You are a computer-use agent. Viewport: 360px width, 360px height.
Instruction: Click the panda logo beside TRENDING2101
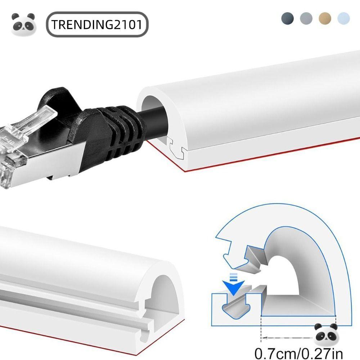[24, 24]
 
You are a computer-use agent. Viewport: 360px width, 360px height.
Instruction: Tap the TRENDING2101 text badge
[97, 25]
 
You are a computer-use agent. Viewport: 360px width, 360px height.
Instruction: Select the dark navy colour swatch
[288, 18]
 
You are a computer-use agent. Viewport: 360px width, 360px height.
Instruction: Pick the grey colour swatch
[306, 18]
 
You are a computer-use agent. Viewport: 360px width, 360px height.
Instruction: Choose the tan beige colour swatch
[325, 18]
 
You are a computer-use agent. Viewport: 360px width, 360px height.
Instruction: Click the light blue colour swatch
[343, 18]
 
